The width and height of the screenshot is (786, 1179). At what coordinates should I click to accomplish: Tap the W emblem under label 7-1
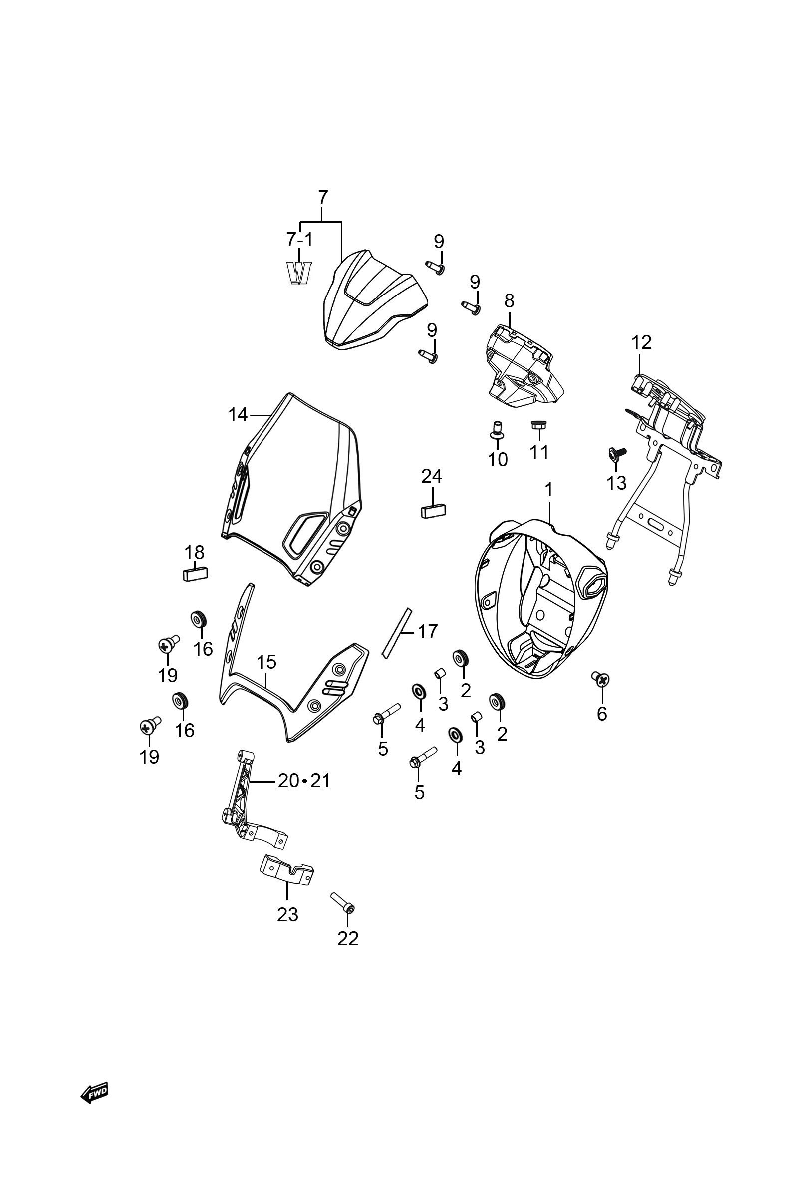click(299, 273)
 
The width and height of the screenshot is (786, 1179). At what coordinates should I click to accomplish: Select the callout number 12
click(641, 342)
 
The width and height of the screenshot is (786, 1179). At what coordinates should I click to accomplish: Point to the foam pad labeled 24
click(433, 511)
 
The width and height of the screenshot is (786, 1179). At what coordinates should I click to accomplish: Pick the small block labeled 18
click(195, 573)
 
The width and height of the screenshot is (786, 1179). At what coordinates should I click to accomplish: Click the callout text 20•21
click(304, 781)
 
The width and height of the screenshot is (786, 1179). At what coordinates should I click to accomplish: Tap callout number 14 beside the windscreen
click(238, 415)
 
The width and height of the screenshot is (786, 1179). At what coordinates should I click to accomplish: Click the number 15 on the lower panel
click(266, 662)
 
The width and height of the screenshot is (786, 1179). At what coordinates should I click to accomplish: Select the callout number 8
click(509, 301)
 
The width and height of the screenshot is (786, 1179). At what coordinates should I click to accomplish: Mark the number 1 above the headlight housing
click(548, 489)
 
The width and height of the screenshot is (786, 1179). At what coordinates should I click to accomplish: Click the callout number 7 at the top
click(323, 197)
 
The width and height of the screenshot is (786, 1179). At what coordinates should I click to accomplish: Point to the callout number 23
click(287, 915)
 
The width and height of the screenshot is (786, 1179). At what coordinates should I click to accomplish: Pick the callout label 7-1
click(299, 240)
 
